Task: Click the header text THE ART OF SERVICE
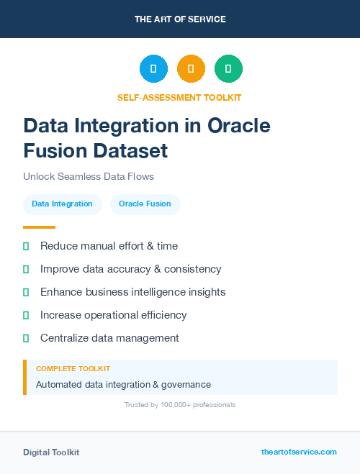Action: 180,19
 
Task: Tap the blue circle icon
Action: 153,69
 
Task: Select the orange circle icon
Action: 191,69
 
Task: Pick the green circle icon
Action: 228,69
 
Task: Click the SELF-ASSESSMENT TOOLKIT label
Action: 179,97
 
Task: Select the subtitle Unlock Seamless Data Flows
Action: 89,176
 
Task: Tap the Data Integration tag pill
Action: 62,204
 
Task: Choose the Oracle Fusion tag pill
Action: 145,204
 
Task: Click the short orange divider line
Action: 39,227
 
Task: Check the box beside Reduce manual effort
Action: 26,246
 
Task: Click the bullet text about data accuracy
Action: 130,269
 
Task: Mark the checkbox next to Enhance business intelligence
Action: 26,292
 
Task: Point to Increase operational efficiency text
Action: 113,315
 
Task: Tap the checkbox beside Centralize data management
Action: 26,338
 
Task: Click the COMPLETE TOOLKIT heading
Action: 73,368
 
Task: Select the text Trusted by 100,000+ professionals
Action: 179,405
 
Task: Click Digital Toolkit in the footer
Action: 51,452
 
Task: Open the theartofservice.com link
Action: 299,452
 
